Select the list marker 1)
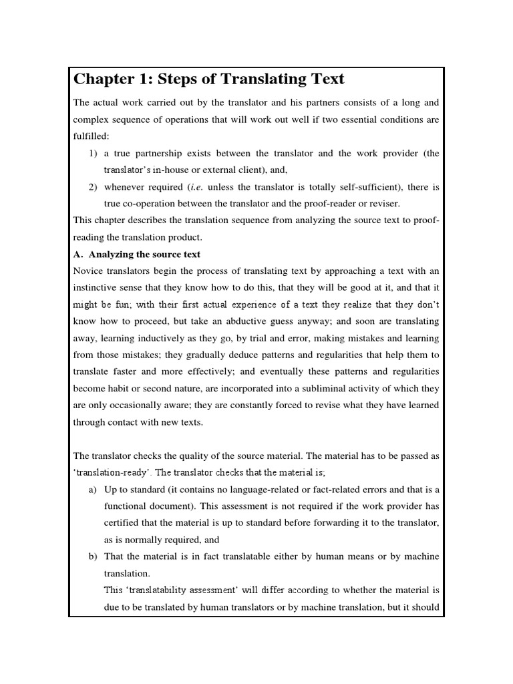tap(94, 153)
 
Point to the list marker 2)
tap(94, 186)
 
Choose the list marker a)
tap(93, 490)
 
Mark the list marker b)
tap(93, 556)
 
